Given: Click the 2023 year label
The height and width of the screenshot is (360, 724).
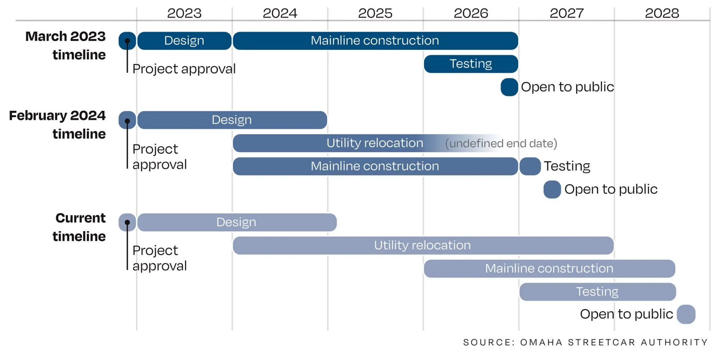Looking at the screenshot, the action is pyautogui.click(x=184, y=13).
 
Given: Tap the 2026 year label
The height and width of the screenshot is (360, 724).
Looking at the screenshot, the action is pyautogui.click(x=471, y=13).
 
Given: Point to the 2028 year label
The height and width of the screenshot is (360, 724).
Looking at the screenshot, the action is pyautogui.click(x=662, y=13).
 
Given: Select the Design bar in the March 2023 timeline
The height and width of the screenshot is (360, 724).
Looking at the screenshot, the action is pyautogui.click(x=185, y=41).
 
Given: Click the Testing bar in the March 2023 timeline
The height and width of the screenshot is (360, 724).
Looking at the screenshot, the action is pyautogui.click(x=471, y=64).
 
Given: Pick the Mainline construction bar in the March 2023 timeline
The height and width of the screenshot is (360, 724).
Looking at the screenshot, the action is pyautogui.click(x=375, y=41).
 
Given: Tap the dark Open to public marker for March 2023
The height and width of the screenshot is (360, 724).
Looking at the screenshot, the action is pyautogui.click(x=509, y=87).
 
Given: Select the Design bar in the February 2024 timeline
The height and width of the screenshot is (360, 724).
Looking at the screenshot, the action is pyautogui.click(x=232, y=120).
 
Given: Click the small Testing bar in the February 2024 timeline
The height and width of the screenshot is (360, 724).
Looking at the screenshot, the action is pyautogui.click(x=530, y=166).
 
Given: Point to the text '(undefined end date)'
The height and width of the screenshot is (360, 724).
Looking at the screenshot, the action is pyautogui.click(x=501, y=144).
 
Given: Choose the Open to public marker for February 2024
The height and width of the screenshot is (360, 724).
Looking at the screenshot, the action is pyautogui.click(x=552, y=190).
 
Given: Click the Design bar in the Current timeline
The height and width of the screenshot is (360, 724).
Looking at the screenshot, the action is pyautogui.click(x=237, y=222).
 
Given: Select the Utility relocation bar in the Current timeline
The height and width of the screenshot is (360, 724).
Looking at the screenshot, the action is pyautogui.click(x=423, y=245).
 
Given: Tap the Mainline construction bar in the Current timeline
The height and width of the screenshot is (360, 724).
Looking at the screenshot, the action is pyautogui.click(x=549, y=269).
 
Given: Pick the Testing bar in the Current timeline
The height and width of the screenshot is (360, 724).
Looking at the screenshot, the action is pyautogui.click(x=597, y=292).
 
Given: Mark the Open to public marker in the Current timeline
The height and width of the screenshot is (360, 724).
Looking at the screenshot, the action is pyautogui.click(x=686, y=314).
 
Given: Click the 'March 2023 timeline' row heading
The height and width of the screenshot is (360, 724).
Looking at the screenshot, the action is pyautogui.click(x=65, y=46).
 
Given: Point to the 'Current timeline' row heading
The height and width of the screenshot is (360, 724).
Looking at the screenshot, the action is pyautogui.click(x=79, y=227).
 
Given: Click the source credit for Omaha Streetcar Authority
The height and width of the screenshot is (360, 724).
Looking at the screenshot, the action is pyautogui.click(x=585, y=342).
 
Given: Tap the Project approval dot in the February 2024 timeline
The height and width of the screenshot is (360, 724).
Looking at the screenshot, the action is pyautogui.click(x=128, y=121).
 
